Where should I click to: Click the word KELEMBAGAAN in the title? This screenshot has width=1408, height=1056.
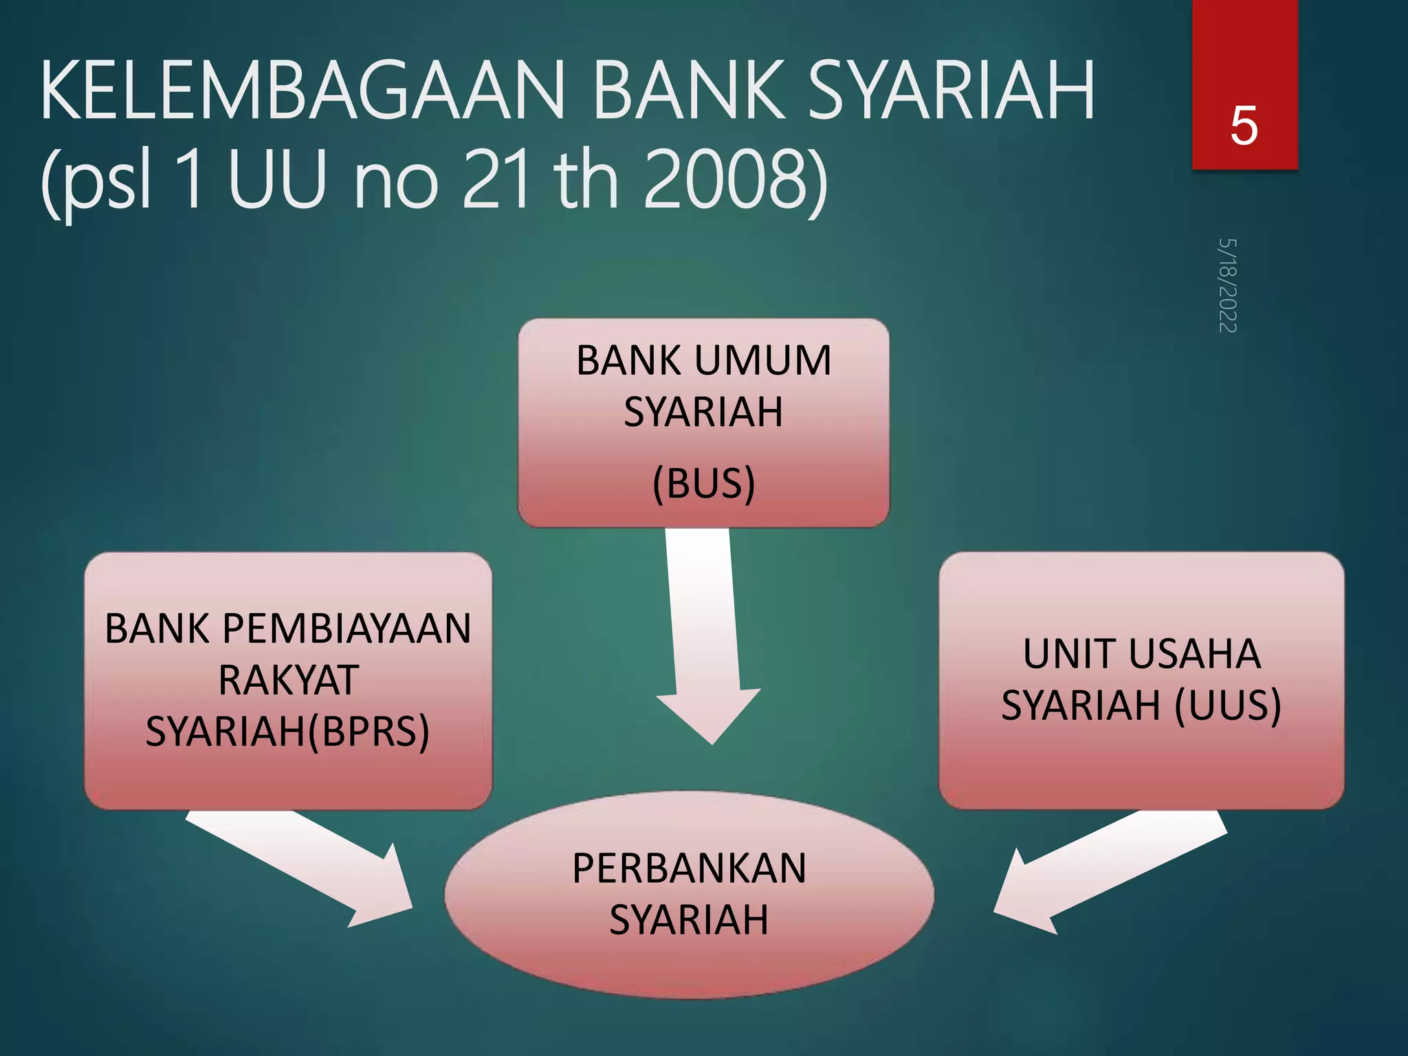point(302,91)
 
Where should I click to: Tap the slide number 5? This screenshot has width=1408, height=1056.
point(1244,126)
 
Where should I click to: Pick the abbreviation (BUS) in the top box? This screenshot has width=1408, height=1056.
point(703,483)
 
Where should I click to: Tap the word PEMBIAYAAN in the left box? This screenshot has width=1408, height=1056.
point(346,628)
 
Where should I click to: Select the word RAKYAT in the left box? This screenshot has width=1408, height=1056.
point(288,680)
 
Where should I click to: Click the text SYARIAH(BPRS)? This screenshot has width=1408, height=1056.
point(287,731)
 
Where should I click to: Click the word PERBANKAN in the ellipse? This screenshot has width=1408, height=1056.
point(689,868)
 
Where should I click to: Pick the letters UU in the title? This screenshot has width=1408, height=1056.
point(276,180)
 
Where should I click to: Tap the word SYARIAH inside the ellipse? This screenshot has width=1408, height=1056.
point(689,920)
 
